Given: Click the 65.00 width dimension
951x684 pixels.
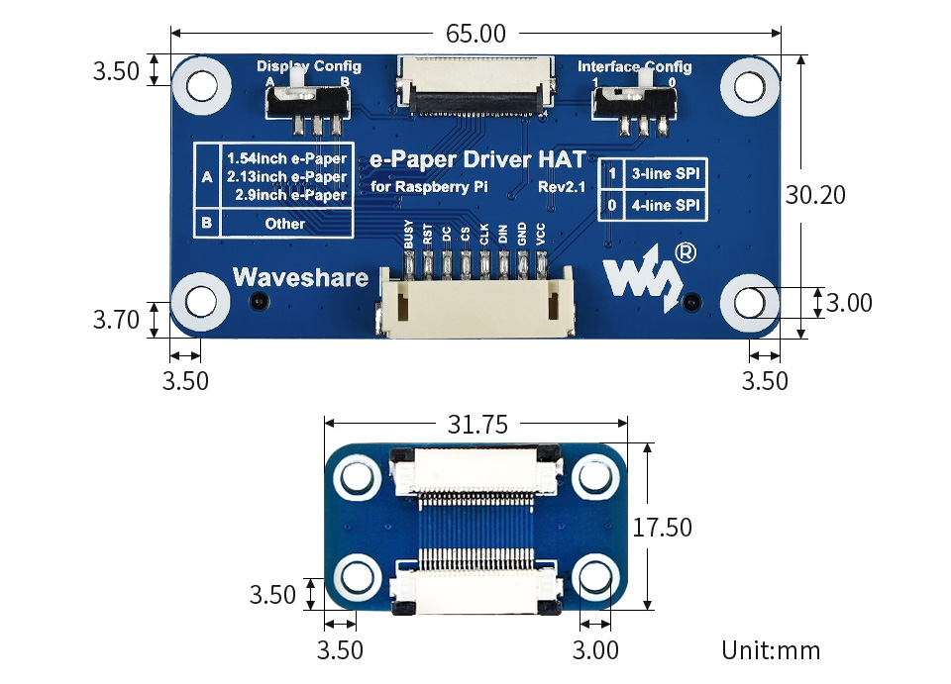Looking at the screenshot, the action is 475,34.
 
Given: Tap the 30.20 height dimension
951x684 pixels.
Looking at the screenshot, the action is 815,194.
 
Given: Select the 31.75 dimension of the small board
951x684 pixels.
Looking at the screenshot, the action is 477,424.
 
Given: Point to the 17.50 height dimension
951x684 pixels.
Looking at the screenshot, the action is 662,527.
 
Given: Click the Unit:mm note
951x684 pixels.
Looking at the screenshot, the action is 771,650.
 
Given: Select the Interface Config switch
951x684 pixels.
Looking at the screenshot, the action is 634,102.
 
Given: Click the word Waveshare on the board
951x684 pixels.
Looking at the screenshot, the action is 301,277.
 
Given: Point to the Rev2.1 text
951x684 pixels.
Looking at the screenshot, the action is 562,187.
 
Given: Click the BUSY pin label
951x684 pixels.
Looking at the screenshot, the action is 408,234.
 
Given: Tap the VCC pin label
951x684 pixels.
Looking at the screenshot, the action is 541,234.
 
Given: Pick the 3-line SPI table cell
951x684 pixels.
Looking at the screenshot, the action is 666,174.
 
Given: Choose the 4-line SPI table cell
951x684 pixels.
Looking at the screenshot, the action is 666,205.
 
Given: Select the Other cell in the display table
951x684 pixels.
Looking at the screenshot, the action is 285,224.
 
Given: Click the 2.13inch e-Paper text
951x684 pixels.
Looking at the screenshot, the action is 286,176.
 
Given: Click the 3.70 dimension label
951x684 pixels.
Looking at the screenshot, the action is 116,320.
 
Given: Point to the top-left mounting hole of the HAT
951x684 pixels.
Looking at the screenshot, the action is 201,85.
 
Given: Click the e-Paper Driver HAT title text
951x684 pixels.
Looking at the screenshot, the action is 477,159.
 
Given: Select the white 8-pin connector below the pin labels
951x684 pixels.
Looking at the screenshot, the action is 476,301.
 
